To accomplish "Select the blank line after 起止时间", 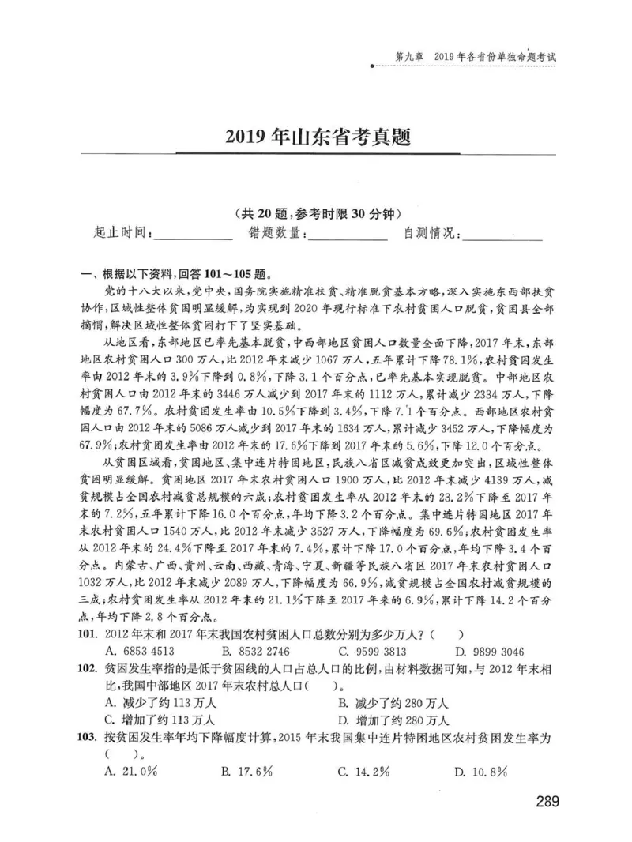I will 194,235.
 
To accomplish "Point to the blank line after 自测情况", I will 503,235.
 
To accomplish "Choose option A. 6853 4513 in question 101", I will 140,652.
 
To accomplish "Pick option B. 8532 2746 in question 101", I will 256,652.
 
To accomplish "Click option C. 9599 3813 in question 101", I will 372,652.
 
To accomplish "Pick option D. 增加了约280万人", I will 393,720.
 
